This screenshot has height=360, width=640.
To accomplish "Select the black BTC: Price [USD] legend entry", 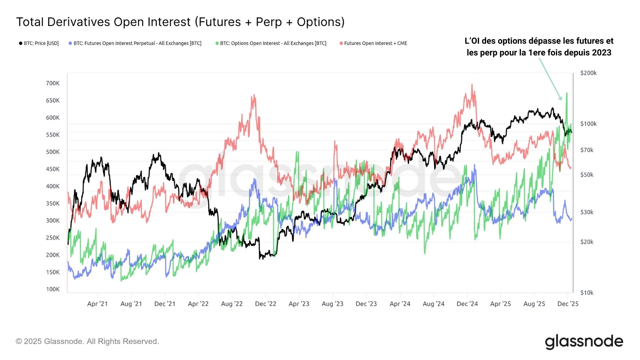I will point(39,43).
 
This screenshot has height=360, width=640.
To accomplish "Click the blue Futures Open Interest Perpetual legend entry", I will point(135,43).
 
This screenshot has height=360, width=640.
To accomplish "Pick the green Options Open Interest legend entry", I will point(271,43).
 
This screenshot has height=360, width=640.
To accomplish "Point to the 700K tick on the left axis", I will point(53,83).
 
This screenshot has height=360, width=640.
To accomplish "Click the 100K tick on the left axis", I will point(53,289).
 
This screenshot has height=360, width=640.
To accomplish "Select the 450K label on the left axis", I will point(53,169).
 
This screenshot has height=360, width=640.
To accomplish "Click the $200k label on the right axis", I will point(588,73).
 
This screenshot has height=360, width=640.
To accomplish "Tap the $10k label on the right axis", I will point(587,293).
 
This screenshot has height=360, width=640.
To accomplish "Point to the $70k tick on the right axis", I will point(587,150).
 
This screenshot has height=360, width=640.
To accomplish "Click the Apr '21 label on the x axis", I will point(97,304).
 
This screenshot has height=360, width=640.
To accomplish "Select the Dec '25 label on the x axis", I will point(568,304).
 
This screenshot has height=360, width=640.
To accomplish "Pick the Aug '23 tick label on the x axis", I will point(332,304).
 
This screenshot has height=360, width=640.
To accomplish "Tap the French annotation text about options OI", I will point(539,47).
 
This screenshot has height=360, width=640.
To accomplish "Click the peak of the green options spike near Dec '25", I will point(567,93).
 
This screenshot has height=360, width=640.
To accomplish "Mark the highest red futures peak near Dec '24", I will point(472,85).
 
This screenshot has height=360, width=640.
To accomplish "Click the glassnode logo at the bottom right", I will point(584,342).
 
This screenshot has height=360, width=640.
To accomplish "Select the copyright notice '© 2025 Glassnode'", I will point(87,342).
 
